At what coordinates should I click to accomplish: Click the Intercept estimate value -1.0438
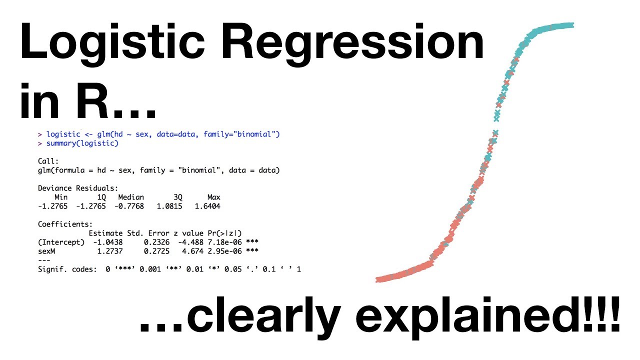point(108,242)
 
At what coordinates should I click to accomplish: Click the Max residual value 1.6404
point(207,206)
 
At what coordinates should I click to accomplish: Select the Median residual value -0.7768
point(129,206)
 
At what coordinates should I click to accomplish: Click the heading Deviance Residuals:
point(78,188)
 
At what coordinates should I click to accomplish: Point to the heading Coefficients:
point(65,224)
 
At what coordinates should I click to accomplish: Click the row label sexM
point(46,251)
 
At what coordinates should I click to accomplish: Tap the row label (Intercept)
point(61,242)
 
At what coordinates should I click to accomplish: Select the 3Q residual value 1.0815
point(169,206)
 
